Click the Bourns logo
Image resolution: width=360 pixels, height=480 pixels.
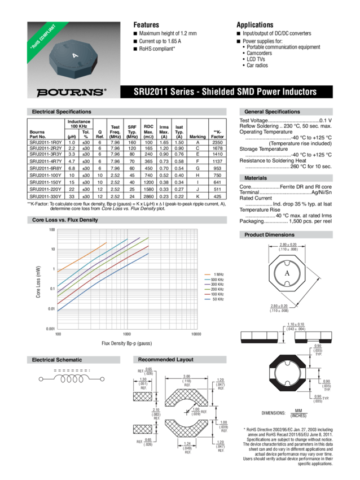point(71,91)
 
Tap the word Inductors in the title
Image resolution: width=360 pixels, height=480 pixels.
point(296,91)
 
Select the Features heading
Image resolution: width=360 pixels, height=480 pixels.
point(146,25)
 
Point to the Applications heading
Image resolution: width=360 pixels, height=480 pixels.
point(254,25)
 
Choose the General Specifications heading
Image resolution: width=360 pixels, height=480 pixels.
point(271,112)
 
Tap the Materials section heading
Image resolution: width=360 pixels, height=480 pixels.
point(257,178)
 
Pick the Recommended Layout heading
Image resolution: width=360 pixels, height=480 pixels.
point(165,360)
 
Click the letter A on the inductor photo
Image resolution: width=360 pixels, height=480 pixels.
point(74,55)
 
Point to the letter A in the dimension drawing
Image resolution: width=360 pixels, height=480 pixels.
point(287,273)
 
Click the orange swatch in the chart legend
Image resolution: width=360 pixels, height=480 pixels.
point(207,273)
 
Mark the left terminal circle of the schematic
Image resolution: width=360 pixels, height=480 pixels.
point(40,378)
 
